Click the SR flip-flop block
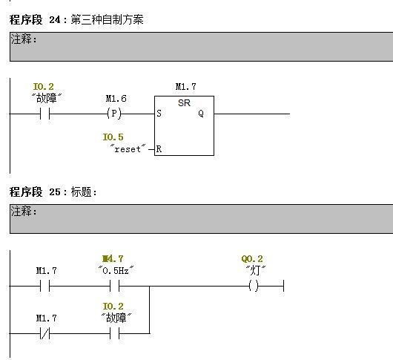(x=184, y=125)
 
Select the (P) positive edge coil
(x=114, y=114)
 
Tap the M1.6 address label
(x=116, y=99)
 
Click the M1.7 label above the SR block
(x=185, y=87)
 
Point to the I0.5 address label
(x=113, y=137)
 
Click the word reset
(x=128, y=149)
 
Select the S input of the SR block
(x=159, y=114)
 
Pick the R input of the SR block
(x=159, y=149)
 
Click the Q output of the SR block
(x=201, y=114)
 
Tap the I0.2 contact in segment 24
(x=45, y=114)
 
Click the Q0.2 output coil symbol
(x=254, y=286)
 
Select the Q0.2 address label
(x=252, y=259)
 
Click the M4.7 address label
(x=113, y=258)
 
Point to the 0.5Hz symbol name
(x=116, y=271)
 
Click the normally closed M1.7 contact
(x=45, y=334)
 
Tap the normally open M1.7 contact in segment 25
(x=45, y=286)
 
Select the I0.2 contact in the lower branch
(x=114, y=334)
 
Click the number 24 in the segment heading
(x=55, y=19)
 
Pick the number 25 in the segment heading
(x=55, y=192)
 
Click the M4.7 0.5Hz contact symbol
(x=114, y=286)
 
